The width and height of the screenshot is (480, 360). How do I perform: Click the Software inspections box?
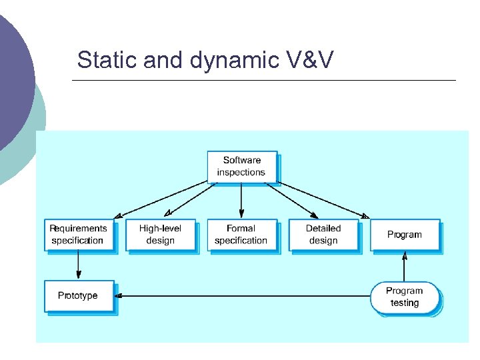point(241,166)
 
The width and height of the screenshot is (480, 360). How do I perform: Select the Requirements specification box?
point(78,235)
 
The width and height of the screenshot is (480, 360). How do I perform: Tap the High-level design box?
point(160,235)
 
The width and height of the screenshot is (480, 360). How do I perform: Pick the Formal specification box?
point(241,235)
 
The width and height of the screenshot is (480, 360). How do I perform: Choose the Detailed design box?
point(323,235)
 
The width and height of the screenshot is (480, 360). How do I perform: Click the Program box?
point(405,235)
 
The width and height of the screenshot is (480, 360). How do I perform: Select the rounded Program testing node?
point(405,297)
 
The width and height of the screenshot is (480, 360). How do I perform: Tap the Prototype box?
point(78,296)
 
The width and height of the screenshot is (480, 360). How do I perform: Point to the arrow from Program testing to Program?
point(404,267)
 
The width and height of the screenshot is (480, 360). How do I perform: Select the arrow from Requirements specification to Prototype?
point(79,265)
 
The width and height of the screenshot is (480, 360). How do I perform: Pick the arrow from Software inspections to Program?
point(320,199)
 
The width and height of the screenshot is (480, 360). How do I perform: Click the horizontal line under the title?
point(263,81)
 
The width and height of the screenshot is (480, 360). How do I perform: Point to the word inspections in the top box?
point(241,172)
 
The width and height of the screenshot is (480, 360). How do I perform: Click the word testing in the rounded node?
point(405,303)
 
